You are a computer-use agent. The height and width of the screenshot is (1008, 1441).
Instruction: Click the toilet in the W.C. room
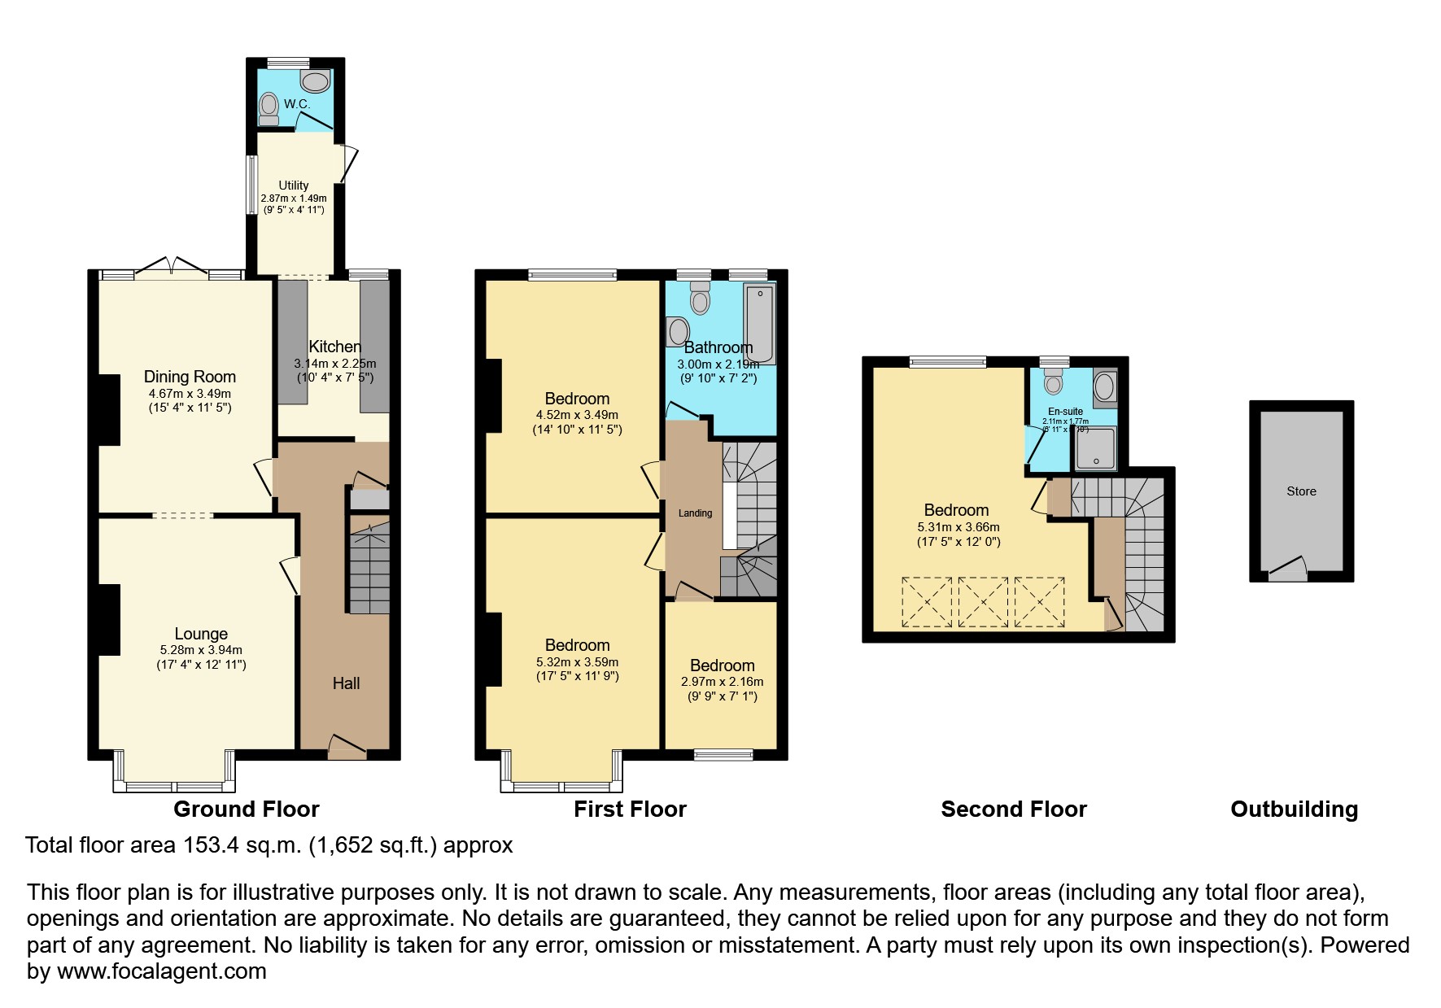269,108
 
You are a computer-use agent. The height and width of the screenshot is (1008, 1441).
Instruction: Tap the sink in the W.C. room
315,80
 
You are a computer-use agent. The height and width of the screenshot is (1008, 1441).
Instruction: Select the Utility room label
294,185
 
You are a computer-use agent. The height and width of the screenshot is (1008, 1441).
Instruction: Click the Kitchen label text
334,347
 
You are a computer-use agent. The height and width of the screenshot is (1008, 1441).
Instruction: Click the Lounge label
201,634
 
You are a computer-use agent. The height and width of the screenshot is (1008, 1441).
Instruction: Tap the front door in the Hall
347,746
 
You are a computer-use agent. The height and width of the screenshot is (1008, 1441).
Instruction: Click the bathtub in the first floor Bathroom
760,324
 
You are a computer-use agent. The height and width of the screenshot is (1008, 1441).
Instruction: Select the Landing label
695,513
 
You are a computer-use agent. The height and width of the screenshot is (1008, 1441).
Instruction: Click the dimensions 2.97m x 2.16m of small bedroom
723,682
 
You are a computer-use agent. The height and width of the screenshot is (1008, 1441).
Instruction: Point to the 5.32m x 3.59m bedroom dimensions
577,662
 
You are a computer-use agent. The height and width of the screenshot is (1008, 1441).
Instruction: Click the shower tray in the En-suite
1096,449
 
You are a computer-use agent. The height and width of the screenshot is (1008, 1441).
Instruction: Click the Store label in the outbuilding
1301,491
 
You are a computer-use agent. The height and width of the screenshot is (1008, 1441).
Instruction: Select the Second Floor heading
1013,809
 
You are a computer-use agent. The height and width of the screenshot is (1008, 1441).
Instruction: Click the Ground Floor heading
247,809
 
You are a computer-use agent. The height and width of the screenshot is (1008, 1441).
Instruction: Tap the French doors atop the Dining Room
172,268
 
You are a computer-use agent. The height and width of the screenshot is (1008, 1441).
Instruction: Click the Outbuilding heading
1294,809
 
